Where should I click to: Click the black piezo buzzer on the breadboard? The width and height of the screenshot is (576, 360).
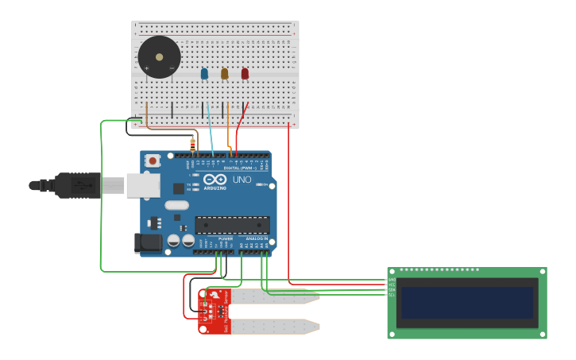pyautogui.click(x=159, y=57)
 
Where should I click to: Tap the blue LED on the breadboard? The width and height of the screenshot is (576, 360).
pyautogui.click(x=204, y=74)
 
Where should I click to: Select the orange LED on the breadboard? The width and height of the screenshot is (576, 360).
pyautogui.click(x=224, y=74)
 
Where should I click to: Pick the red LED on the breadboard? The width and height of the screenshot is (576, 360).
pyautogui.click(x=245, y=74)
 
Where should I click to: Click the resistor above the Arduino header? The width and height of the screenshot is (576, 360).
pyautogui.click(x=192, y=145)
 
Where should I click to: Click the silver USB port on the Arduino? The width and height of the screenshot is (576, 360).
pyautogui.click(x=143, y=185)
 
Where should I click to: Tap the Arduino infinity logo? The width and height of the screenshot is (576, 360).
pyautogui.click(x=215, y=180)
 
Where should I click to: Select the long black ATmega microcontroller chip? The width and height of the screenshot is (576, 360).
pyautogui.click(x=232, y=225)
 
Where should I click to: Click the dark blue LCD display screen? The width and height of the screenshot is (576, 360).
pyautogui.click(x=467, y=303)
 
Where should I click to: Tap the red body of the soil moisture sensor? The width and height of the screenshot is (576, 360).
pyautogui.click(x=213, y=312)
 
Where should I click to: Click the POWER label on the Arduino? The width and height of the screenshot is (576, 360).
pyautogui.click(x=226, y=238)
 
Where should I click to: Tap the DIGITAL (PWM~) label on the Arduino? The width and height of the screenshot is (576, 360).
pyautogui.click(x=241, y=168)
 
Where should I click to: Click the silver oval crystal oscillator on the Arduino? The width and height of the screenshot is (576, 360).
pyautogui.click(x=177, y=205)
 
